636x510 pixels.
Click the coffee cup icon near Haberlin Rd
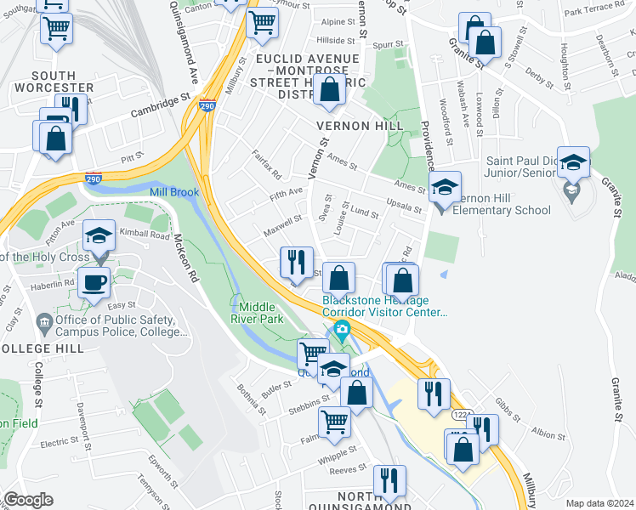94,282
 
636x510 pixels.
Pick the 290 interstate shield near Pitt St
94,179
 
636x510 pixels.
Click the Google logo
28,500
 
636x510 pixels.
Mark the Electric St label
60,443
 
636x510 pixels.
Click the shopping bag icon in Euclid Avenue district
329,89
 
